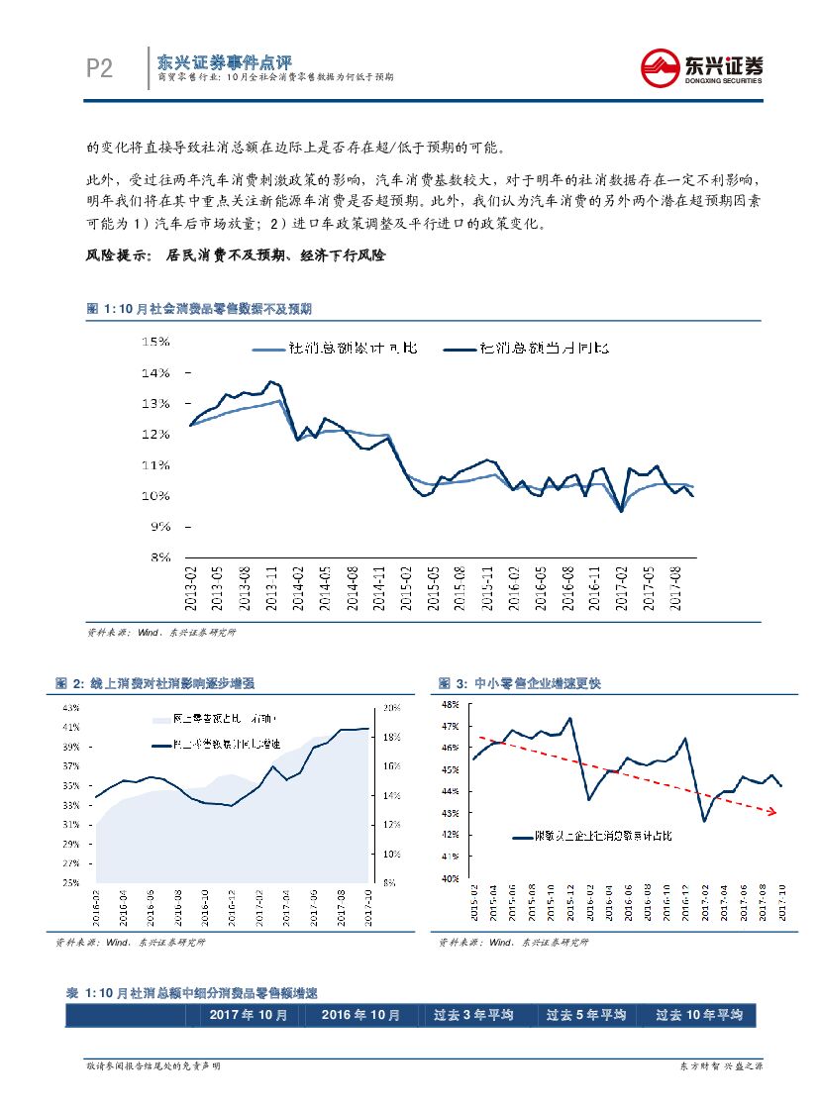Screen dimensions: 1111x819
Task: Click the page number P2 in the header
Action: point(100,67)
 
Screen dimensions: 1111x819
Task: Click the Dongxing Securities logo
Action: point(702,67)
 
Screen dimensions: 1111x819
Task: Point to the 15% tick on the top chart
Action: point(157,342)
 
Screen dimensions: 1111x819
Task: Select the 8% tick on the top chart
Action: point(160,557)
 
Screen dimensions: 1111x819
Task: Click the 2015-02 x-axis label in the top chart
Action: point(406,590)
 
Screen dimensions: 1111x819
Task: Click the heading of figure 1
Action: point(199,309)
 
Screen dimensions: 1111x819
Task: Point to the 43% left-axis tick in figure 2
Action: point(70,708)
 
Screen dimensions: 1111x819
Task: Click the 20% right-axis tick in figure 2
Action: point(390,708)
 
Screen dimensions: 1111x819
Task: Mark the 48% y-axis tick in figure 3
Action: point(450,704)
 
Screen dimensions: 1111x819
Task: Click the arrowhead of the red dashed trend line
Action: point(772,812)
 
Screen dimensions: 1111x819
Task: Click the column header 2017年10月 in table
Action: point(249,1015)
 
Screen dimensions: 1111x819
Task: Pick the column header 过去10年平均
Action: point(699,1015)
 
